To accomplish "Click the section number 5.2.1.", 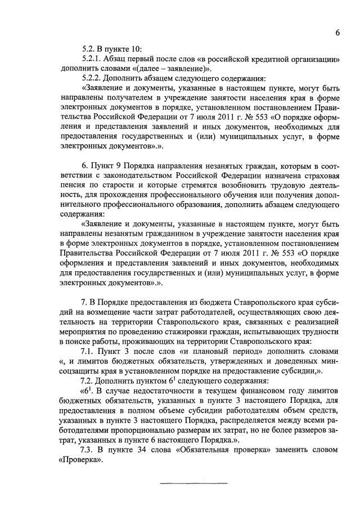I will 92,59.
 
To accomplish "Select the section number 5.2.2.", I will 92,78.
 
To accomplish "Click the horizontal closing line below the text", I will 194,483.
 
